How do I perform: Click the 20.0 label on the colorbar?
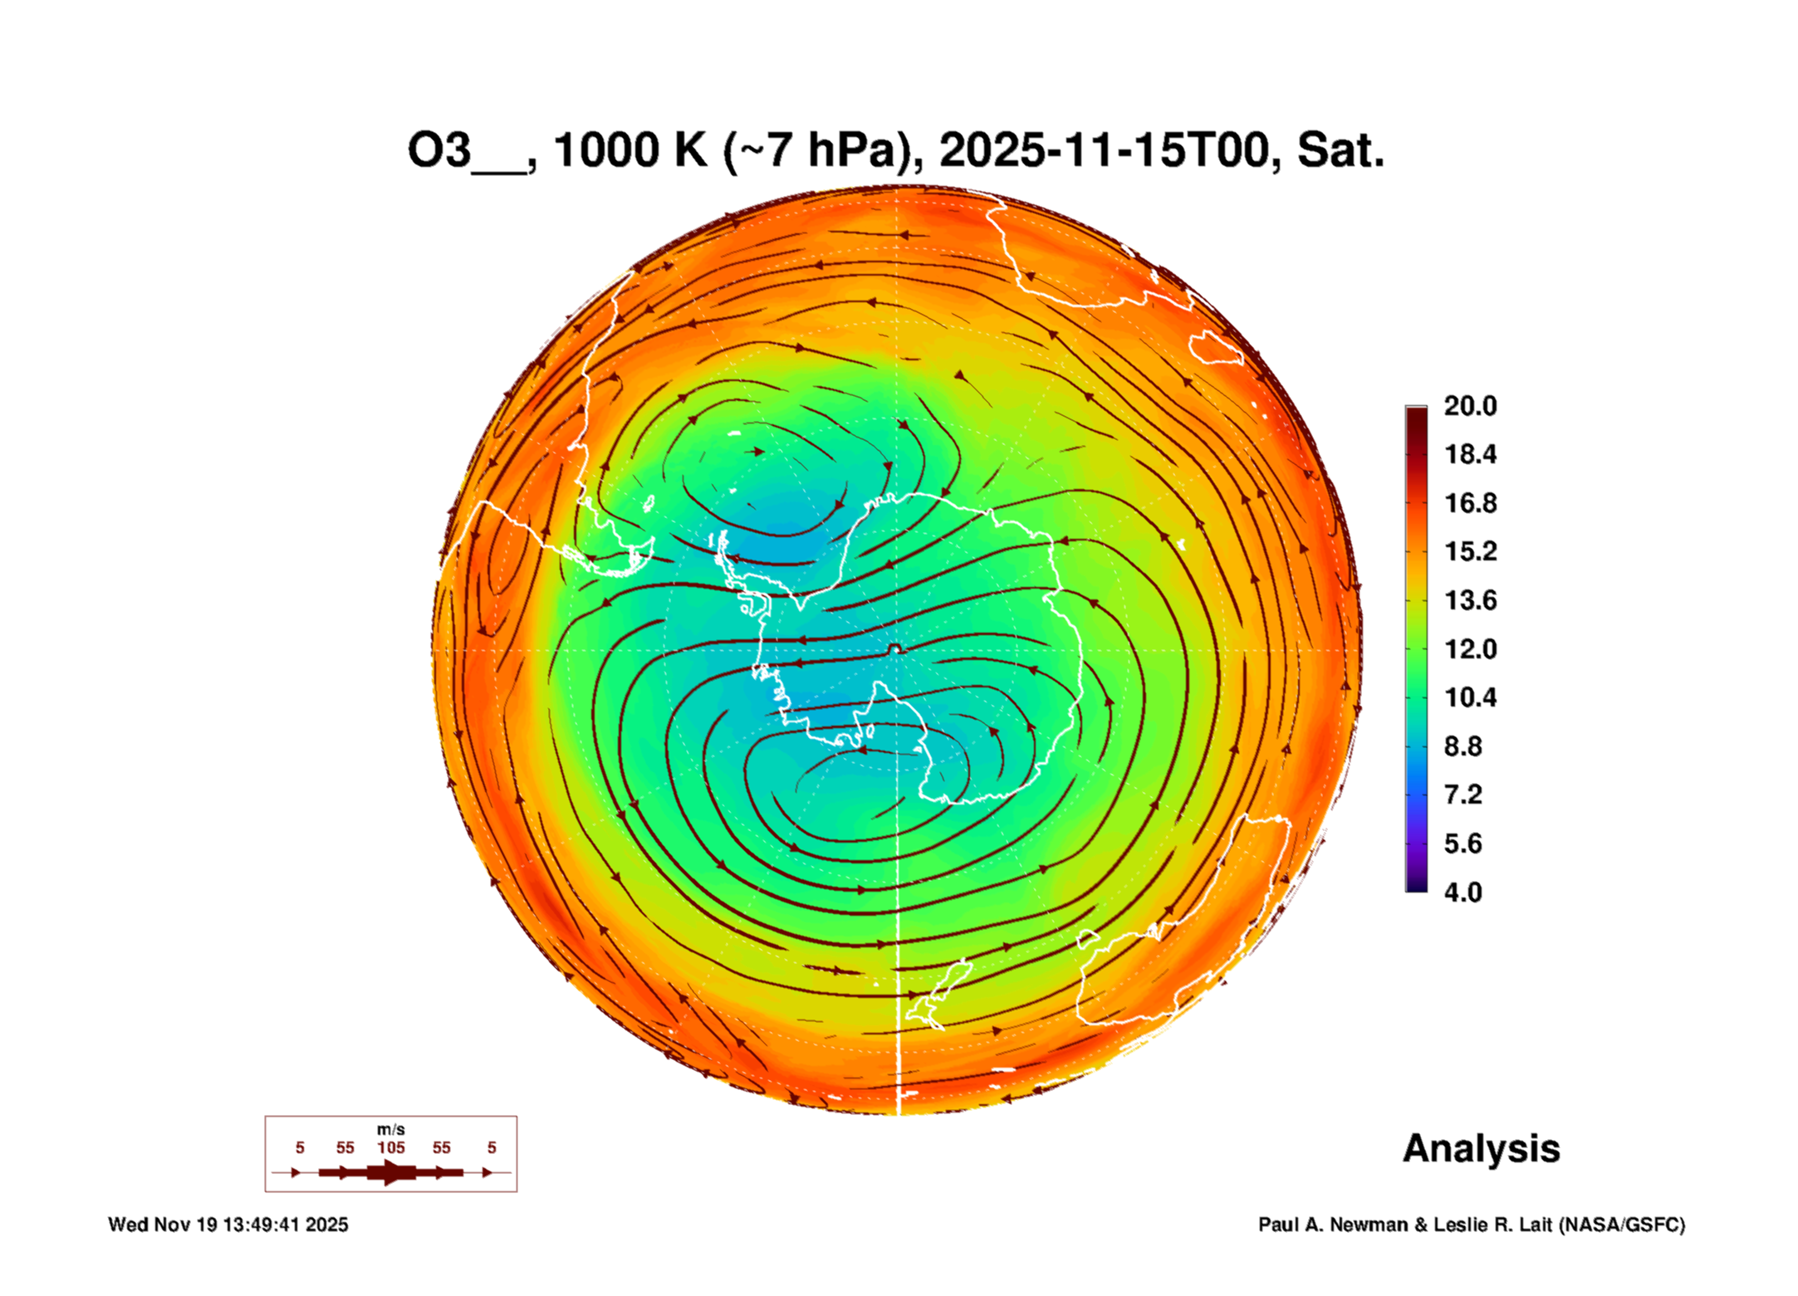[1469, 406]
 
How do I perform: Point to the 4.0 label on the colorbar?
[1462, 893]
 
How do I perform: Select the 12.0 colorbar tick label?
[1469, 649]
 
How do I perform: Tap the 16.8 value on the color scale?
[1469, 503]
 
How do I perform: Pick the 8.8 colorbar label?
[1462, 746]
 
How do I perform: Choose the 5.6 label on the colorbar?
[1462, 844]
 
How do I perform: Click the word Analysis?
[1481, 1149]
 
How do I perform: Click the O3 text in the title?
[439, 151]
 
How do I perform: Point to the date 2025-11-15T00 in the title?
[1105, 151]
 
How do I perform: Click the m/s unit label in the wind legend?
[390, 1129]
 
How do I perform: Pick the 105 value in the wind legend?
[390, 1147]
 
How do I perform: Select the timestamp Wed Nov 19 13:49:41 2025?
[228, 1225]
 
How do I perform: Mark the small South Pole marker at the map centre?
[894, 648]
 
